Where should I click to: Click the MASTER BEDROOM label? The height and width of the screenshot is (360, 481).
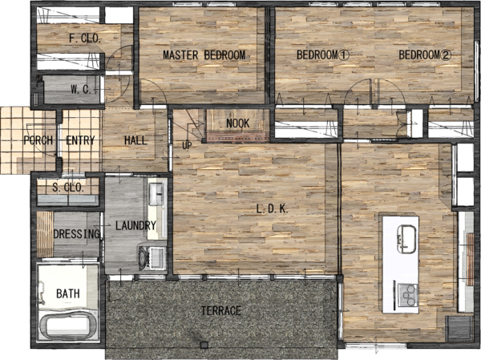tap(204, 55)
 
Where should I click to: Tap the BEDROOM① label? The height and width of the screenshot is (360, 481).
tap(323, 55)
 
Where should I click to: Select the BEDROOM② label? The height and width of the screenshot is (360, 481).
tap(425, 55)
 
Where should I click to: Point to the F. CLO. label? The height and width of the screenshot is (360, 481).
tap(85, 38)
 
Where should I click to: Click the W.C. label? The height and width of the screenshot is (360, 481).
tap(81, 90)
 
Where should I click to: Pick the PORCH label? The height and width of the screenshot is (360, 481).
tap(38, 140)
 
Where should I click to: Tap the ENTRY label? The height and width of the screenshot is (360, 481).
tap(80, 140)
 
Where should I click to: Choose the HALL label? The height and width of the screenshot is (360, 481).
tap(136, 140)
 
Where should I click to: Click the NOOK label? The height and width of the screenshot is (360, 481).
tap(238, 123)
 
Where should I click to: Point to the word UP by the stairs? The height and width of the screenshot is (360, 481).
tap(187, 145)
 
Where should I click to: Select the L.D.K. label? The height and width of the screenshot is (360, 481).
tap(272, 209)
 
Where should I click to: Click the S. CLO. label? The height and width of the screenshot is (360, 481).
tap(68, 187)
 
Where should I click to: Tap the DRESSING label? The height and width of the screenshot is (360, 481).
tap(77, 234)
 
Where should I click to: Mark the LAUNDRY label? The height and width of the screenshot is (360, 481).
tap(136, 225)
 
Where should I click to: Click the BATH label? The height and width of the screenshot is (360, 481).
tap(68, 293)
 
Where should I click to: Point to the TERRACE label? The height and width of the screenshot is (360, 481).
tap(221, 310)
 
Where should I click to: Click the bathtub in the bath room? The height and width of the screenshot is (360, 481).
tap(68, 326)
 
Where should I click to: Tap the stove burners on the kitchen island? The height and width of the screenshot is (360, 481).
tap(408, 295)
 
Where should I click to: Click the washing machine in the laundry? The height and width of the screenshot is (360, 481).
tap(153, 257)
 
